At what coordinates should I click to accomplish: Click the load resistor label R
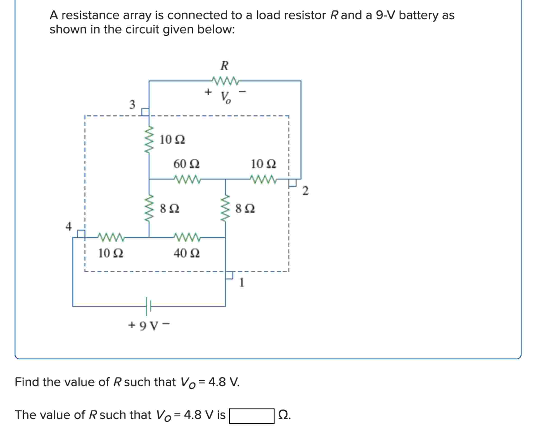click(x=224, y=66)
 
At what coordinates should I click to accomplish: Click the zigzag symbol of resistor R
click(x=225, y=81)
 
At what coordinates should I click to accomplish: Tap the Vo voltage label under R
click(x=226, y=97)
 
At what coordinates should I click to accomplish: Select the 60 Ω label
click(x=186, y=164)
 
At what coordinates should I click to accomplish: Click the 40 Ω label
click(x=186, y=253)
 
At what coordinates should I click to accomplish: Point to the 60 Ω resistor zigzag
click(x=187, y=179)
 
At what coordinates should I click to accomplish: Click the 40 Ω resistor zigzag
click(x=187, y=237)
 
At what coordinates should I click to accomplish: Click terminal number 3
click(x=132, y=104)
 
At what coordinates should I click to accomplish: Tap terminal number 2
click(x=305, y=191)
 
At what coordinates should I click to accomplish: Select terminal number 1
click(x=242, y=283)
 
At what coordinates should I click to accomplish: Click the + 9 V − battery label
click(x=149, y=325)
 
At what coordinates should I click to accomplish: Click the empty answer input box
click(x=251, y=416)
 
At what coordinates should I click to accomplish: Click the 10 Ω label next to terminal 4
click(x=111, y=253)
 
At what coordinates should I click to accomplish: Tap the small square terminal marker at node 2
click(x=292, y=183)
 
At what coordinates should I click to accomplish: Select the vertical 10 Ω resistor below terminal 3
click(x=149, y=140)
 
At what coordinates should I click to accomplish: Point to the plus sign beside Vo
click(x=208, y=92)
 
